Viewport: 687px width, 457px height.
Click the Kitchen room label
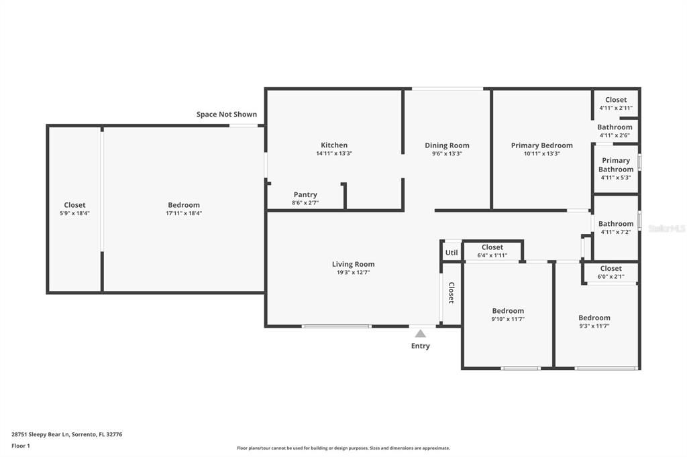(334, 145)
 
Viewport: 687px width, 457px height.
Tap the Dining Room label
(447, 145)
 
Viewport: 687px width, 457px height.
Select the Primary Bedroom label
(541, 145)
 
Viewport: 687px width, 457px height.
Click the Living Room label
(353, 264)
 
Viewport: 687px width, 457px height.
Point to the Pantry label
(305, 195)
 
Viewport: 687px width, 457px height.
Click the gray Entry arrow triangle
(420, 333)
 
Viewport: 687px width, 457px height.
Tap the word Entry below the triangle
(420, 346)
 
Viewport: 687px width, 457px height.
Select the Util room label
(452, 253)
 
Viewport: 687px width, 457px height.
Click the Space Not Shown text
(227, 115)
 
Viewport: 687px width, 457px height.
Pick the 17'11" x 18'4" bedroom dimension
(184, 213)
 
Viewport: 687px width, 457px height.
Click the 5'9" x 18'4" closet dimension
(74, 213)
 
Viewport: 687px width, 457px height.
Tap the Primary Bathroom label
(616, 165)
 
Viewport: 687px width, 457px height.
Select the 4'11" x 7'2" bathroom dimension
(616, 232)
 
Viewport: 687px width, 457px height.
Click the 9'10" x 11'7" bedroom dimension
(508, 319)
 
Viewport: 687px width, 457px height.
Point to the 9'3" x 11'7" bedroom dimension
(594, 326)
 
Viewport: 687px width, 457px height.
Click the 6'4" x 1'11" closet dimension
(492, 255)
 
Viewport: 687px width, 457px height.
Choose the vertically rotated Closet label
(452, 293)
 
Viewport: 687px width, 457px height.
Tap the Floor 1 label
(21, 446)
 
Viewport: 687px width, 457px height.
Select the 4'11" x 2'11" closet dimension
(616, 108)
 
